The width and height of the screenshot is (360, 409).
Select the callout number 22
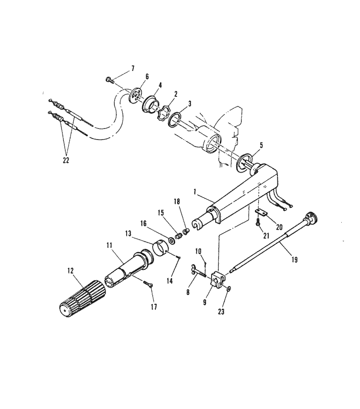[65, 160]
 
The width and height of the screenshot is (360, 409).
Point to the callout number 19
[294, 260]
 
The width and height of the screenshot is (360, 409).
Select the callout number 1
[194, 192]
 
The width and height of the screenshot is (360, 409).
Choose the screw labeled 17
[147, 284]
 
